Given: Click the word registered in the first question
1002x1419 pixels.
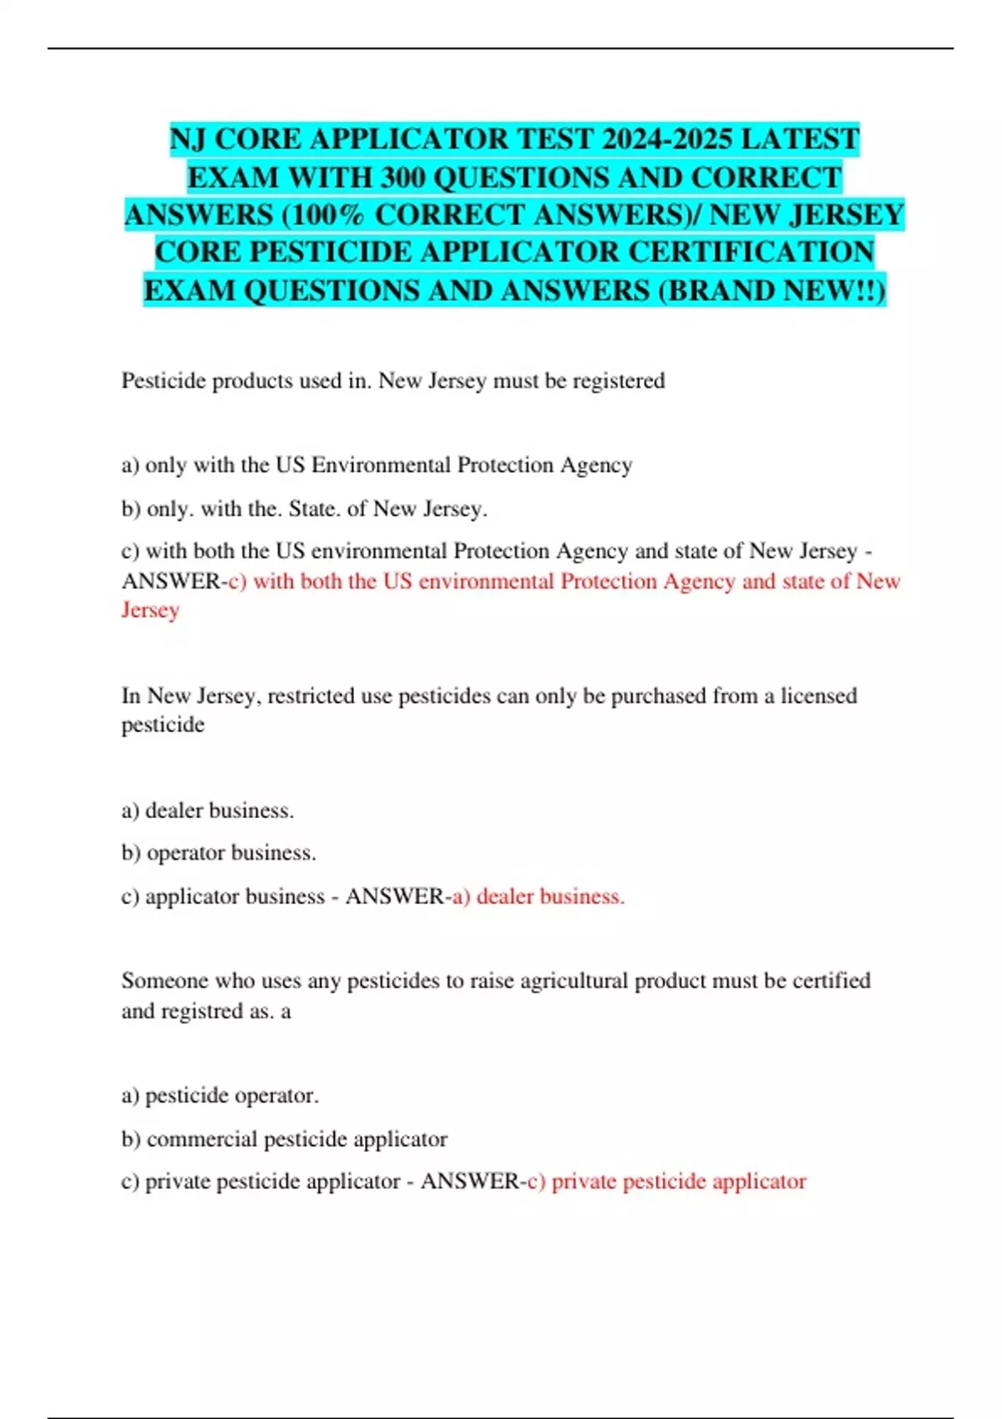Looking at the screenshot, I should point(618,381).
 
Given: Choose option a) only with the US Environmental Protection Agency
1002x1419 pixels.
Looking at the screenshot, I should point(377,465).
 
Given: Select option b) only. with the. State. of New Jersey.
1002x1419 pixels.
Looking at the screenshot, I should point(304,508).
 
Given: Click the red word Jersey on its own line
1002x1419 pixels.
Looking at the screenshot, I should point(150,610).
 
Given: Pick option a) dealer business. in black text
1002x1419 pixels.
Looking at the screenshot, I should point(208,810).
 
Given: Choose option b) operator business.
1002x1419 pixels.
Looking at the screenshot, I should point(219,853).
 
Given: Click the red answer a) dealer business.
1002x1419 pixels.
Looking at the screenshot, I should point(538,896).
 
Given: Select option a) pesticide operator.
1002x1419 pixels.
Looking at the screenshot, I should point(220,1095).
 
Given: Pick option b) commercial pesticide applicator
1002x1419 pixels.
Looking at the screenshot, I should point(284,1139).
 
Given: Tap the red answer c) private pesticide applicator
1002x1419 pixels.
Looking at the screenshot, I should point(667,1182).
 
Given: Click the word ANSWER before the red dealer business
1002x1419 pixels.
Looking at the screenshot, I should point(395,896).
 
